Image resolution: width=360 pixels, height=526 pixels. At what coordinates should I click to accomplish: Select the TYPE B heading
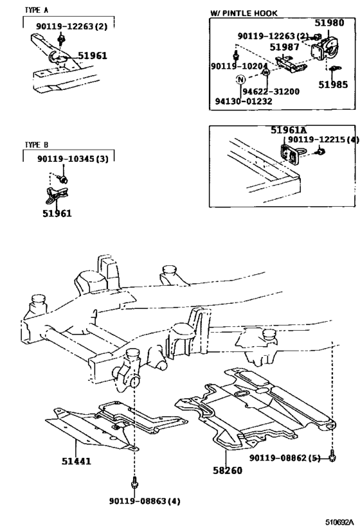tap(37, 145)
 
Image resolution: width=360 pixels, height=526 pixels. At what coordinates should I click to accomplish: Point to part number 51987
tap(285, 48)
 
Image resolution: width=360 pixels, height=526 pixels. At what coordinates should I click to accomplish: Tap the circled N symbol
tap(240, 80)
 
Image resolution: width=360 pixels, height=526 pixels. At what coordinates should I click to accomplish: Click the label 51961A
tap(292, 130)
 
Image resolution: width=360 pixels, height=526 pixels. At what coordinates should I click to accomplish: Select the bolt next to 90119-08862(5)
tap(332, 457)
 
